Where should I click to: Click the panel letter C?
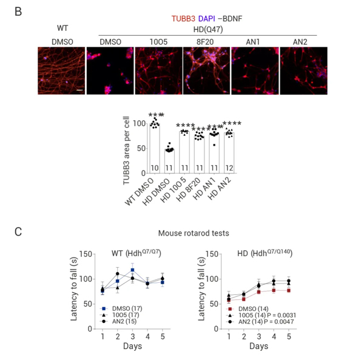point(18,231)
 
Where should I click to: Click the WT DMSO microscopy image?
point(62,70)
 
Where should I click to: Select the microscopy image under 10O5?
point(158,70)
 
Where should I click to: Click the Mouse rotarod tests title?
point(189,233)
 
